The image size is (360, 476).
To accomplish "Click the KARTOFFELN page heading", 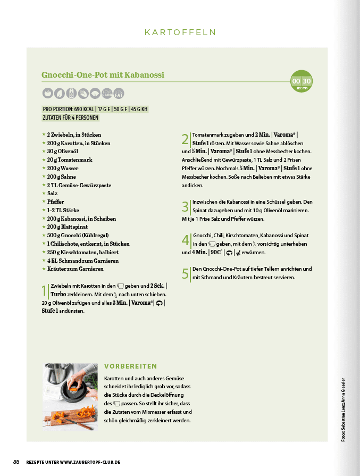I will pos(180,32).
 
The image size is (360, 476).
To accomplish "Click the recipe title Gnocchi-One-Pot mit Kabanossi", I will pos(103,75).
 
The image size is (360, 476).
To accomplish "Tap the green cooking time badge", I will pos(302,81).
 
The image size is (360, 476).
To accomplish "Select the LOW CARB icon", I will pos(107,93).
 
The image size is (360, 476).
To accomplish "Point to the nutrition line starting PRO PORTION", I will pos(95,110).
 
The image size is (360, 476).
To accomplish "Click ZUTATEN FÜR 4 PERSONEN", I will pos(70,118).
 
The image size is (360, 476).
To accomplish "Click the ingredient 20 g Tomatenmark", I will pos(70,160).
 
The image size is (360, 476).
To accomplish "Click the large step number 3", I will pos(185,206).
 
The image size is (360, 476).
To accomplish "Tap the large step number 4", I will pos(185,240).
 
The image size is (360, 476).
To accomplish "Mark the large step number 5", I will pos(185,273).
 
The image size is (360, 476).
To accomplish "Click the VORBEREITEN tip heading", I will pos(130,366).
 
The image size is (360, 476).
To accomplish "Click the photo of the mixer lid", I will pos(70,397).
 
